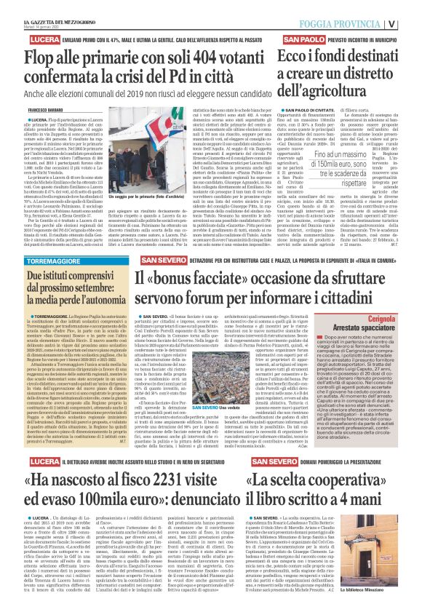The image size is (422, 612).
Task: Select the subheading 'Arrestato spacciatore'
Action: [x=374, y=328]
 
